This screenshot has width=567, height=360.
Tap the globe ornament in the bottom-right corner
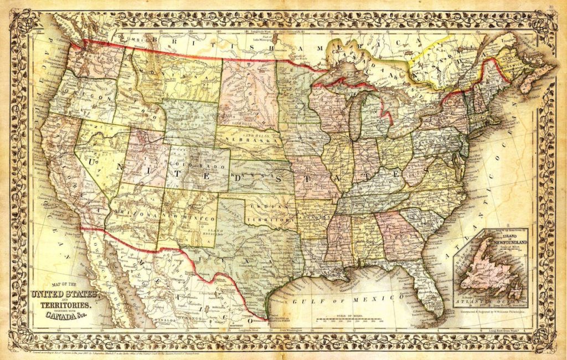[546, 337]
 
